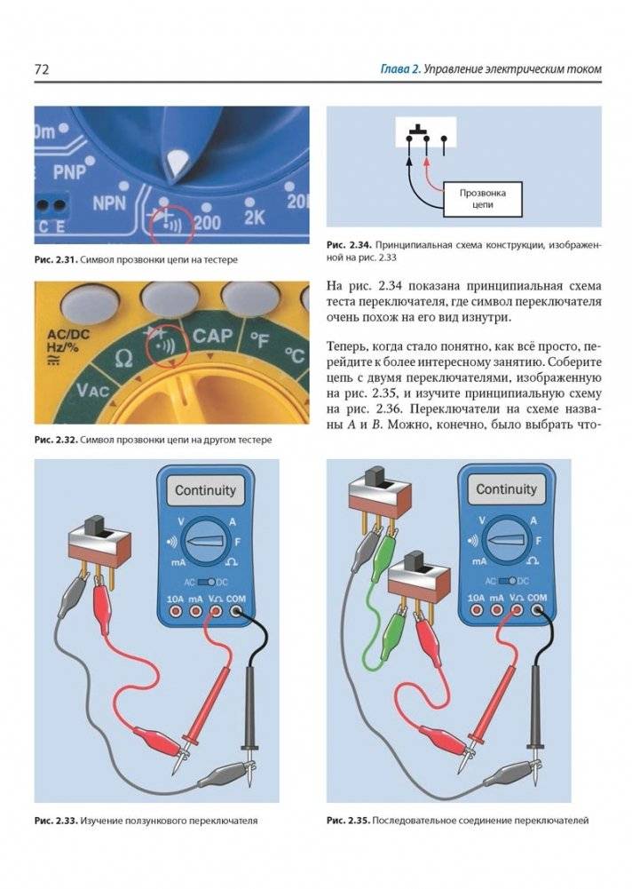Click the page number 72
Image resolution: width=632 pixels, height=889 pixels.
[42, 69]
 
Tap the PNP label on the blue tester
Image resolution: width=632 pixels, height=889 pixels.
[69, 171]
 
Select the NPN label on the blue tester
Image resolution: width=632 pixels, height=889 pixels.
[109, 203]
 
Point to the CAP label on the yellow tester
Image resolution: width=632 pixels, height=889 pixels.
[212, 336]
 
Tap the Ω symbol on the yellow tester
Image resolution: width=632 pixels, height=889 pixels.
[123, 358]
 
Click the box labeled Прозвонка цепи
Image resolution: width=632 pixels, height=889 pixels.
[482, 198]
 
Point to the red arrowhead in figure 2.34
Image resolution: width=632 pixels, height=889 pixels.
[427, 163]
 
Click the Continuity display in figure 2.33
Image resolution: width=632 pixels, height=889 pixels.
[205, 490]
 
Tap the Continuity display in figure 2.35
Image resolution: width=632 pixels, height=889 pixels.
[506, 489]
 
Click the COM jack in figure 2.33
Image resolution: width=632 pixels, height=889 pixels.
[236, 611]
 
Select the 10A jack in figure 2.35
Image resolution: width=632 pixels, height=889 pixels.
[477, 610]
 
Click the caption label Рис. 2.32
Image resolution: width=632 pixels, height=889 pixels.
[55, 440]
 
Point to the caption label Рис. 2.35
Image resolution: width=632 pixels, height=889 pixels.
[347, 821]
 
